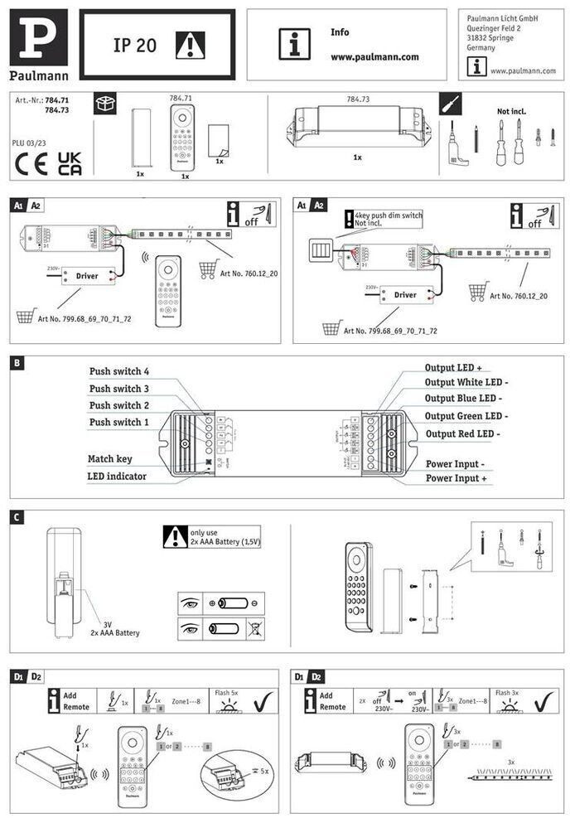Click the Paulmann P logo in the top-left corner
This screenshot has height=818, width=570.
[x=38, y=37]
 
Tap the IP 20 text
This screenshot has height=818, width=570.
[x=135, y=46]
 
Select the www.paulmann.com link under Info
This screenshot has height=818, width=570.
[x=374, y=57]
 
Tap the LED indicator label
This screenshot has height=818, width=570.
[x=117, y=476]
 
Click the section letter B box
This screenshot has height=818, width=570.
[x=17, y=362]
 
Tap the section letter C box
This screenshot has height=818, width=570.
[x=17, y=516]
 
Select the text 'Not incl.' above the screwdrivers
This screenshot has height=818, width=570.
[x=511, y=111]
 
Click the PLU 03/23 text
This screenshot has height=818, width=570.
[x=31, y=143]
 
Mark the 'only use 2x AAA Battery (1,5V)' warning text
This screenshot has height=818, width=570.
[x=225, y=536]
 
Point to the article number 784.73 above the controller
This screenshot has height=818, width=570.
[x=358, y=99]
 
